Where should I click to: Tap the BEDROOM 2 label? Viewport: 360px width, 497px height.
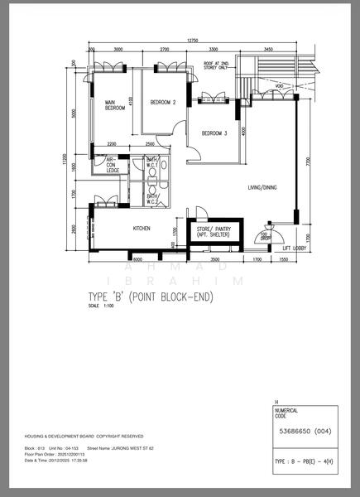(163, 103)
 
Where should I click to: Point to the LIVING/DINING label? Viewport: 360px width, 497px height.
(262, 188)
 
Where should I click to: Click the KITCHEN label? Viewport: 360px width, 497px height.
(142, 229)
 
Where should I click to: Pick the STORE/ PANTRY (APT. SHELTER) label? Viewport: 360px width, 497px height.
(211, 232)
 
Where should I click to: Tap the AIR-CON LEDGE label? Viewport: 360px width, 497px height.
(113, 166)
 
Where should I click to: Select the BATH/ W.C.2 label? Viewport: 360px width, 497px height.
(153, 200)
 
